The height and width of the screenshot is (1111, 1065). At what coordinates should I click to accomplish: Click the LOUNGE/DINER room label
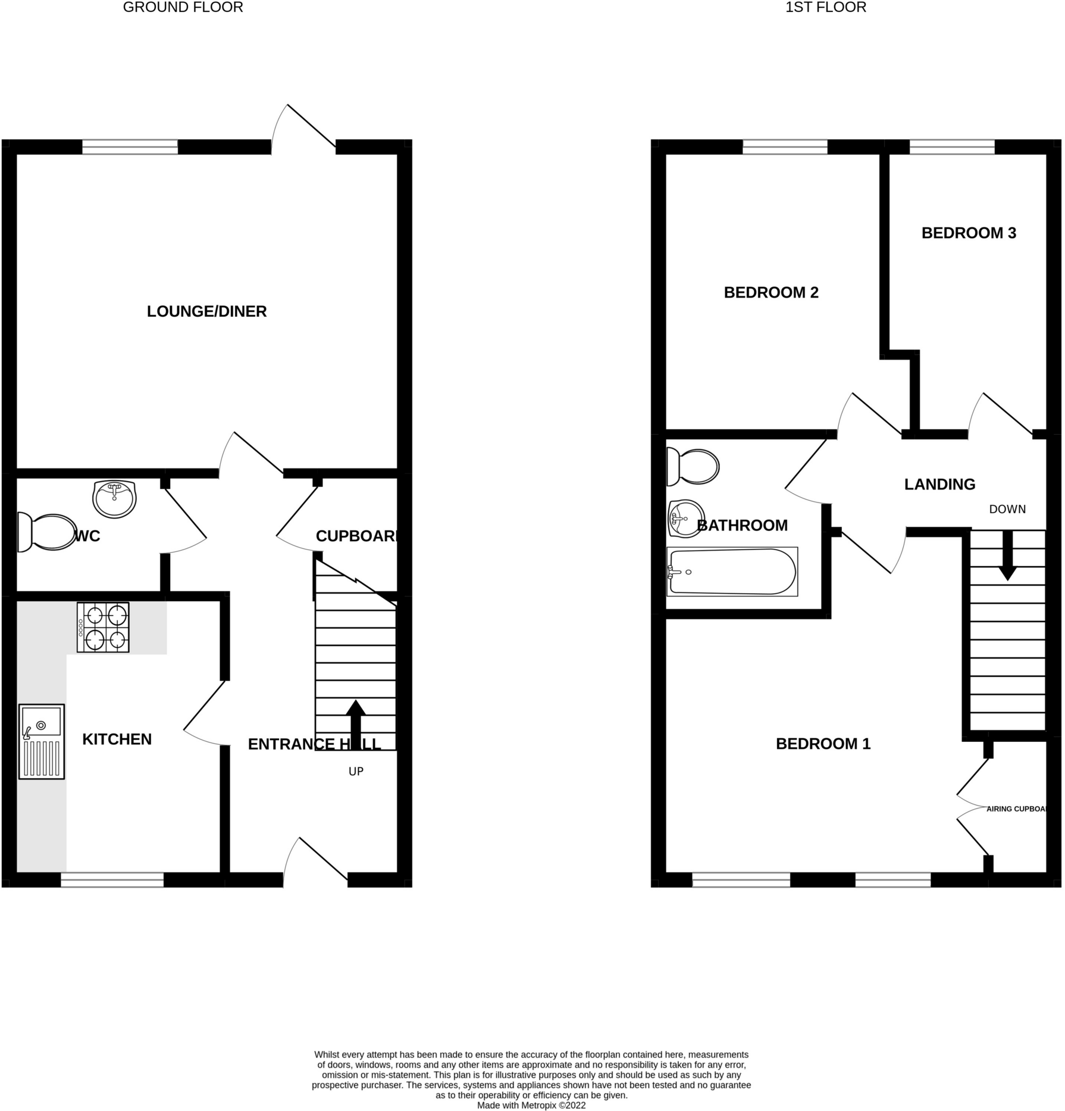(206, 311)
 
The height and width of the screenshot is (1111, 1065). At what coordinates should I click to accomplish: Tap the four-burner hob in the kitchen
(103, 627)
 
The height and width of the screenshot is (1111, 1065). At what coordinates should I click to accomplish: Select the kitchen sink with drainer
(41, 741)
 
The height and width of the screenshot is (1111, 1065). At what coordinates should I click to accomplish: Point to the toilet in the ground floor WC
(48, 532)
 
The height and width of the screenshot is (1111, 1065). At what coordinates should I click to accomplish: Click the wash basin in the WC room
(114, 499)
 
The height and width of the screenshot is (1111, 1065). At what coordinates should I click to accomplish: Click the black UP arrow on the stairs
(356, 723)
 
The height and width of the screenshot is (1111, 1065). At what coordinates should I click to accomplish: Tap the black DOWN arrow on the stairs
(1007, 555)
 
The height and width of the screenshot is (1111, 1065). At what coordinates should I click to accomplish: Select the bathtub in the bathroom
(732, 572)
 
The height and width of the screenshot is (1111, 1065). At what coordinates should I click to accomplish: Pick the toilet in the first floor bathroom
(693, 466)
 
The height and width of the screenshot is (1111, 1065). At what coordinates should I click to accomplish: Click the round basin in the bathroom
(686, 518)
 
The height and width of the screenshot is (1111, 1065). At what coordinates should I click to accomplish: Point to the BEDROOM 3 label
(969, 233)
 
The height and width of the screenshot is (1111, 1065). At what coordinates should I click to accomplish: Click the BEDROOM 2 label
(771, 292)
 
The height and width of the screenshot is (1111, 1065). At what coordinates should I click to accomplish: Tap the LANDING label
(939, 485)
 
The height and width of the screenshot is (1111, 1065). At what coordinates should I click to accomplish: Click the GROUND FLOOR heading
(183, 8)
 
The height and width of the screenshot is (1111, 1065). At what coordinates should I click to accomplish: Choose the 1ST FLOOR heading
(826, 8)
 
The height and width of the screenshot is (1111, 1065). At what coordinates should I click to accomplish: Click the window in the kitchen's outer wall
(112, 880)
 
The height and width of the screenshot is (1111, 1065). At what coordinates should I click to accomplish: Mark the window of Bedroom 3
(952, 146)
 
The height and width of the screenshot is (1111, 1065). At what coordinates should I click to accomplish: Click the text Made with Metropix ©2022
(531, 1105)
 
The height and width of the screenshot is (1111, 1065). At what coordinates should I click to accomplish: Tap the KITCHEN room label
(117, 739)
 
